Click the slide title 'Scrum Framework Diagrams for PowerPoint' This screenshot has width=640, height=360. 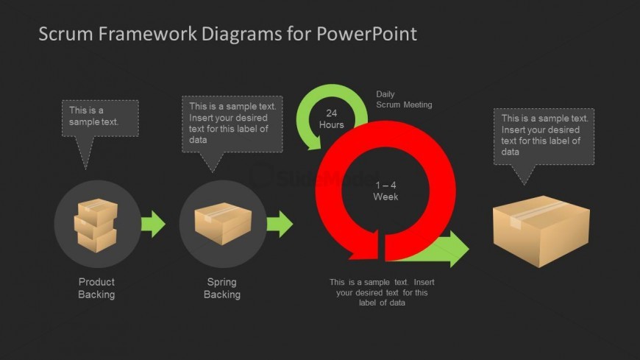pyautogui.click(x=227, y=34)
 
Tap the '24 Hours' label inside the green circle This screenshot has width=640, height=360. pyautogui.click(x=331, y=119)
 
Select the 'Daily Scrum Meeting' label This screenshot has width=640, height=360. pyautogui.click(x=404, y=99)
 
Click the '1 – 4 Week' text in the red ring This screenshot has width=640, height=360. pyautogui.click(x=385, y=191)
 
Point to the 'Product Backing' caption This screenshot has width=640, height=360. pyautogui.click(x=96, y=288)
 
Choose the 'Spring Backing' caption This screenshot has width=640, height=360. pyautogui.click(x=221, y=288)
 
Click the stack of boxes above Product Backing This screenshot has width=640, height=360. pyautogui.click(x=96, y=224)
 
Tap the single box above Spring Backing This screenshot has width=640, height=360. pyautogui.click(x=222, y=223)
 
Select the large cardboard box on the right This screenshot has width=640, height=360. pyautogui.click(x=541, y=230)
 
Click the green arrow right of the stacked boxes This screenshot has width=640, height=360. pyautogui.click(x=153, y=224)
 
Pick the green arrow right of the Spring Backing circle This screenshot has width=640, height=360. pyautogui.click(x=280, y=224)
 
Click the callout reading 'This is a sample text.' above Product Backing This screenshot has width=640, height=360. pyautogui.click(x=99, y=118)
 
